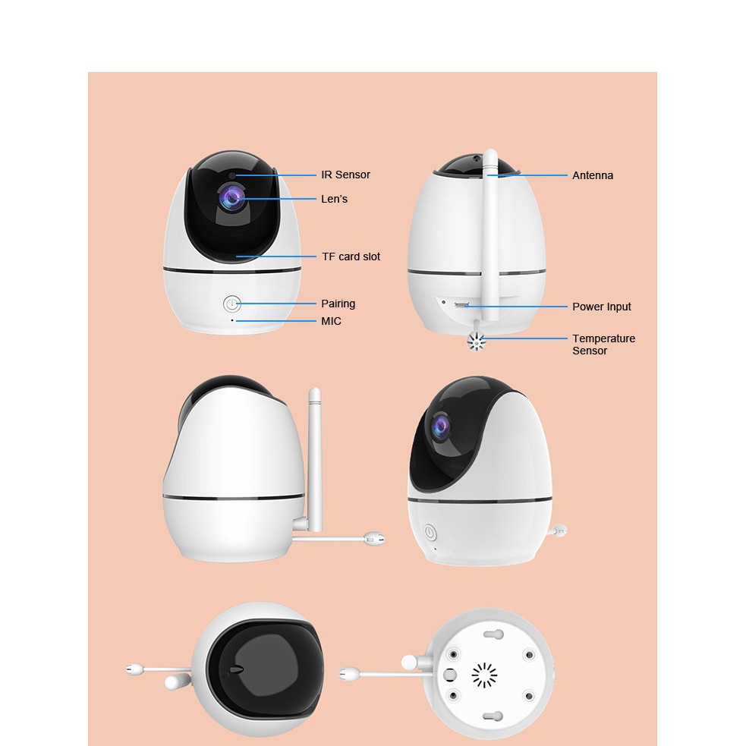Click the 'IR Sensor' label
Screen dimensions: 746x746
coord(345,175)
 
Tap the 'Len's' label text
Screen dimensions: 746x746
coord(334,199)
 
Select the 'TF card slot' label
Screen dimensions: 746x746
coord(351,257)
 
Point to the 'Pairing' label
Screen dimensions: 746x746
coord(338,304)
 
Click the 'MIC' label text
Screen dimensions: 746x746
coord(331,321)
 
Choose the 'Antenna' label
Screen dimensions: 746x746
coord(593,175)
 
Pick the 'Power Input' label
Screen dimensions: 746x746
coord(601,307)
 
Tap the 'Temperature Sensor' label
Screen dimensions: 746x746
coord(603,345)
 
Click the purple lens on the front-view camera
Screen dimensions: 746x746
coord(231,198)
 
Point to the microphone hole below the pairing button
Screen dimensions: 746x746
coord(233,320)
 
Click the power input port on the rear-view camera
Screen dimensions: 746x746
coord(461,305)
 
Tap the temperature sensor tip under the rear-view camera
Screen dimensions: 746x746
coord(476,343)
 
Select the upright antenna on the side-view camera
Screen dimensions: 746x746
coord(315,455)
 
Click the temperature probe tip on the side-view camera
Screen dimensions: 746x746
coord(374,539)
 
